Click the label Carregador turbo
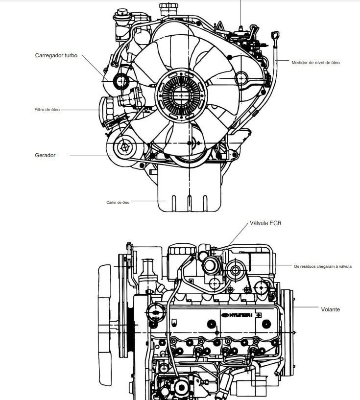[56, 55]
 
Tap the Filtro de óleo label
[47, 110]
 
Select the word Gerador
[45, 155]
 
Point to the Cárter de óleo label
[118, 202]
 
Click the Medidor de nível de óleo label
[315, 63]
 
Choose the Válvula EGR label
[265, 223]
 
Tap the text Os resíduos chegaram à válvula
[322, 266]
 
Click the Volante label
[331, 309]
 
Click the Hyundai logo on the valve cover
[237, 315]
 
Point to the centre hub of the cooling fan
[181, 95]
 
